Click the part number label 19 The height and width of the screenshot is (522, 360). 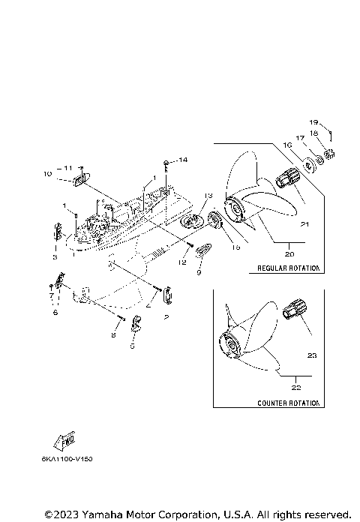pyautogui.click(x=313, y=121)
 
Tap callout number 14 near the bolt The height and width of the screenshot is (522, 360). pyautogui.click(x=182, y=160)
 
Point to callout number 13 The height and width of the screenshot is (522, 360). pyautogui.click(x=208, y=195)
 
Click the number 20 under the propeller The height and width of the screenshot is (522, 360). pyautogui.click(x=289, y=253)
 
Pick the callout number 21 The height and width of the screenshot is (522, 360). pyautogui.click(x=304, y=223)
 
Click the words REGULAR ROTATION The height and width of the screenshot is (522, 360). pyautogui.click(x=288, y=268)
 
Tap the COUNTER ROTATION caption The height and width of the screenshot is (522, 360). pyautogui.click(x=288, y=403)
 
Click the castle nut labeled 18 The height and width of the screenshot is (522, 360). pyautogui.click(x=331, y=154)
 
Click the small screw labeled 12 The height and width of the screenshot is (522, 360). pyautogui.click(x=192, y=244)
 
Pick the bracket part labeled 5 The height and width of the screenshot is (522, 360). pyautogui.click(x=136, y=325)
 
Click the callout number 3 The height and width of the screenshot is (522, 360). pyautogui.click(x=55, y=257)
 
